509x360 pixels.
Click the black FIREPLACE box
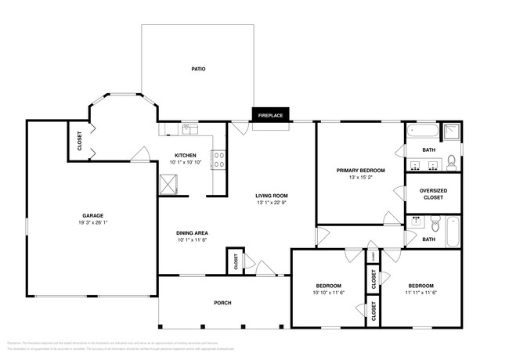[x=270, y=116]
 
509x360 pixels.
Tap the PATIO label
[x=199, y=70]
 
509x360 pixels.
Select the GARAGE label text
[x=94, y=215]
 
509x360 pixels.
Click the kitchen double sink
[x=190, y=128]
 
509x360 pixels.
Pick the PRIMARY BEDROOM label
[x=360, y=171]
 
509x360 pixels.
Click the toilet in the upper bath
[x=452, y=162]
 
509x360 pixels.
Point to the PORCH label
[x=223, y=303]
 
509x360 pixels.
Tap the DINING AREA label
[x=192, y=232]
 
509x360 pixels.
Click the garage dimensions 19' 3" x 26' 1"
[x=94, y=223]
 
